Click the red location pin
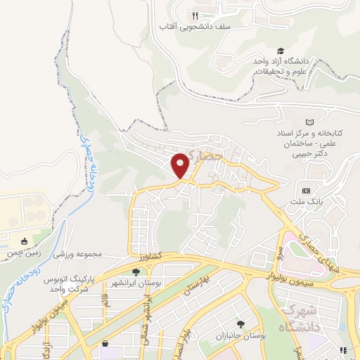point(181,166)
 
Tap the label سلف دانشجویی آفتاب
point(185,27)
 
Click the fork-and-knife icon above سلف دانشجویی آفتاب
point(195,15)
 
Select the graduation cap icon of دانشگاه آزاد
point(281,51)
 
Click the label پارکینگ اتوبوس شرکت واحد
point(70,285)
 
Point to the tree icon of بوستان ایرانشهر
point(136,271)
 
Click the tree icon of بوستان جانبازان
point(240,324)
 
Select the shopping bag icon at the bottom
point(105,344)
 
